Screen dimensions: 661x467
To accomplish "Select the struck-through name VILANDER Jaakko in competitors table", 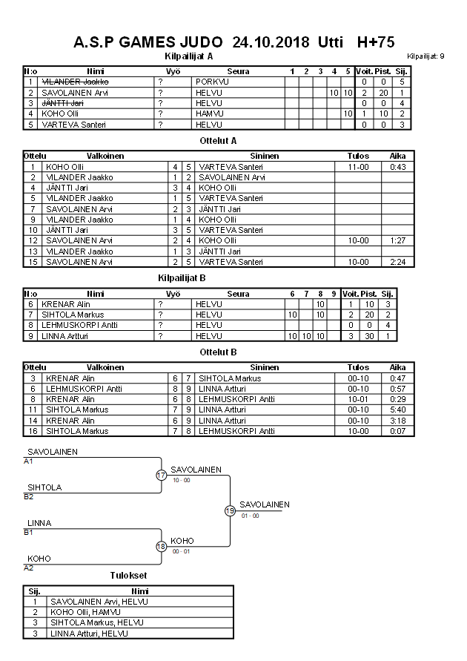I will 76,82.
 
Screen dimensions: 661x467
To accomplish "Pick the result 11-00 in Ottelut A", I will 358,167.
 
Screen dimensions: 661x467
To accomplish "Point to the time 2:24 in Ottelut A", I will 398,262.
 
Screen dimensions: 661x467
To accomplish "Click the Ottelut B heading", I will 219,352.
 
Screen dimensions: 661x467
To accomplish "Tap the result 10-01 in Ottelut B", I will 358,399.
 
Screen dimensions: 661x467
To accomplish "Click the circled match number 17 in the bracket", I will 162,476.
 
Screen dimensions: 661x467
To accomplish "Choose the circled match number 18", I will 162,547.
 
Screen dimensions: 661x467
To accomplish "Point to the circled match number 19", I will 230,510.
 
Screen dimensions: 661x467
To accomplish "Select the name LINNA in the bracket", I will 39,523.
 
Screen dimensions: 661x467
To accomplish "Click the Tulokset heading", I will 128,576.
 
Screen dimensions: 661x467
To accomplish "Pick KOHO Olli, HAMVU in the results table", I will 85,612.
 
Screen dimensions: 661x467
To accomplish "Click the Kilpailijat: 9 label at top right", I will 425,56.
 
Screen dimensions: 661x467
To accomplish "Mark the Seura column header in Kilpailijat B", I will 238,294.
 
